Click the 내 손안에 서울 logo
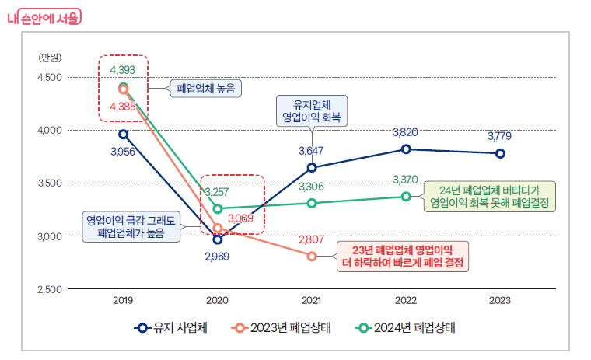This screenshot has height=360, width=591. coord(44,18)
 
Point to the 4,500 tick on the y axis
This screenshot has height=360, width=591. coord(51,78)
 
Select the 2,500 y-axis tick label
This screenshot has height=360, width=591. coord(51,289)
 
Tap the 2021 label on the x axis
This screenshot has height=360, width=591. coord(311,299)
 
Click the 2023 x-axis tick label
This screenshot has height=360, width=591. coord(500,299)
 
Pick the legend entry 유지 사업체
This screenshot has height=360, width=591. coord(170,327)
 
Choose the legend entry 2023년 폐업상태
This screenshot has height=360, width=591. coord(281,327)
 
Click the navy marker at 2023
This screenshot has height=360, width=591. coord(500,153)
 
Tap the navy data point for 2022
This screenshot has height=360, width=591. coord(406,149)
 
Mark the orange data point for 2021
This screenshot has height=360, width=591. coord(312,256)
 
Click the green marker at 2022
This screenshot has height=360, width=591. coord(406,196)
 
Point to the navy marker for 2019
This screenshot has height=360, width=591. coord(124,135)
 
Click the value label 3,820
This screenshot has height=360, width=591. coord(406,132)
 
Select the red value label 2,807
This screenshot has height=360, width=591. coord(311,239)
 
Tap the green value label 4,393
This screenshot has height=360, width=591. coord(123,70)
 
